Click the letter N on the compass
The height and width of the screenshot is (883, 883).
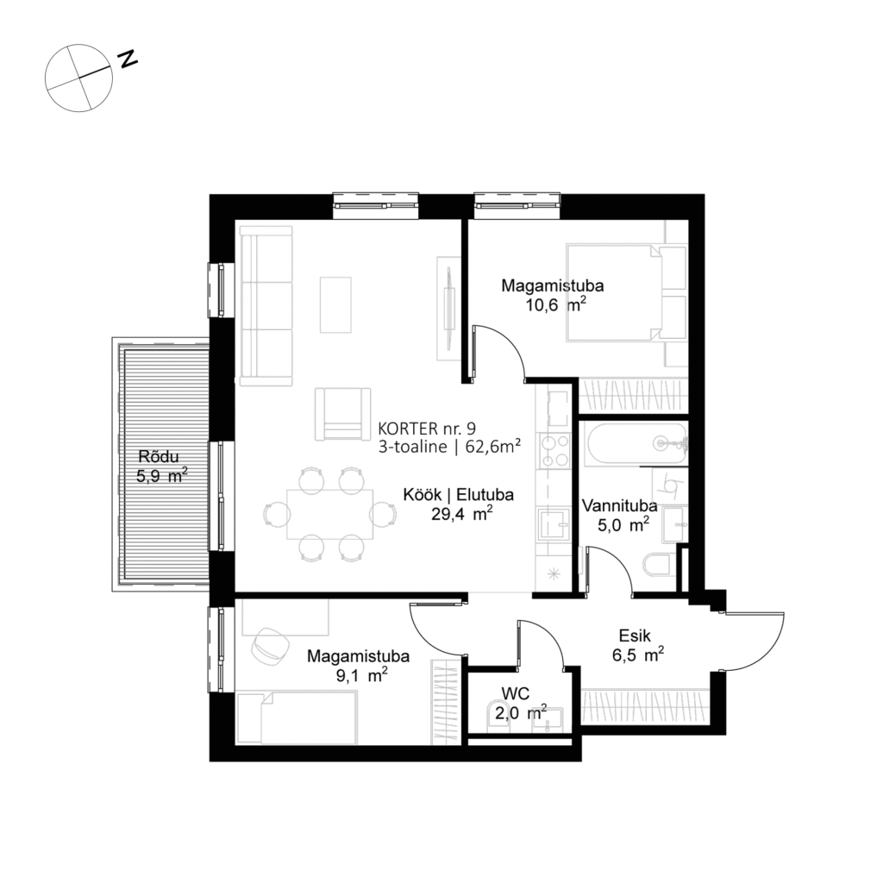[x=128, y=59]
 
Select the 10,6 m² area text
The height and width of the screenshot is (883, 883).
[x=556, y=304]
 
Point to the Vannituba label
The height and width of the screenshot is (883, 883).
[x=619, y=506]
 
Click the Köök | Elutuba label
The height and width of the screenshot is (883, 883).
[x=459, y=495]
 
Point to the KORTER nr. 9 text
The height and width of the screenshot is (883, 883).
[x=427, y=428]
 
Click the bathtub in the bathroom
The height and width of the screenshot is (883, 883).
[x=634, y=444]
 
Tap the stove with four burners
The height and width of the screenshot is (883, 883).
[x=554, y=449]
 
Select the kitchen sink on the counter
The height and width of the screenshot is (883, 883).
[x=554, y=523]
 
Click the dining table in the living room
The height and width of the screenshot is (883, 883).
[x=330, y=513]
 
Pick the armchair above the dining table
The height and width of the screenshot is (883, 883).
[x=342, y=414]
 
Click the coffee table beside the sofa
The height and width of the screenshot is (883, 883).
[x=336, y=304]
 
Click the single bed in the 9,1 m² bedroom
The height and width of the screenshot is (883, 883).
[x=297, y=717]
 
